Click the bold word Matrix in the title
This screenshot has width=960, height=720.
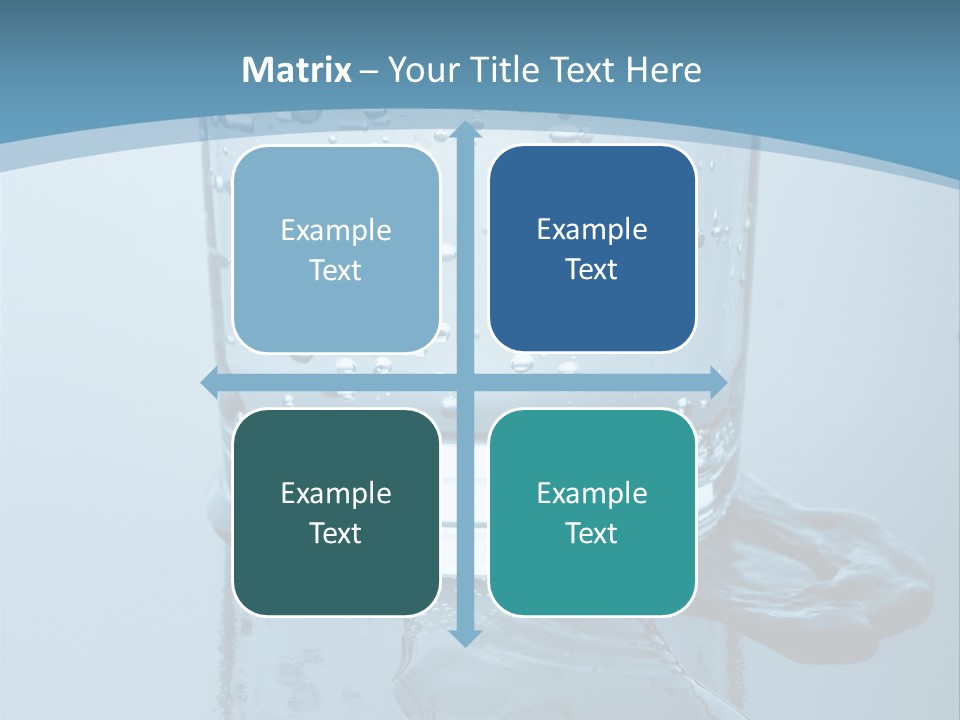297,70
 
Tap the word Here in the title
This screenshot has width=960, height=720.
664,70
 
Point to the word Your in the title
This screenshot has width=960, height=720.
418,70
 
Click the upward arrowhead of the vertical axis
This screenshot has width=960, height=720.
464,131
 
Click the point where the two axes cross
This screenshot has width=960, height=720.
464,381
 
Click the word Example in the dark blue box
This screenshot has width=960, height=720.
592,229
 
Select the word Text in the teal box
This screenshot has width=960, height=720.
592,533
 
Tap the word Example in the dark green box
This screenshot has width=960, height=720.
336,493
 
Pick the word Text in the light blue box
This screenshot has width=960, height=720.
336,270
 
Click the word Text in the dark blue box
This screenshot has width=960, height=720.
592,269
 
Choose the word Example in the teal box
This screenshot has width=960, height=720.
592,493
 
